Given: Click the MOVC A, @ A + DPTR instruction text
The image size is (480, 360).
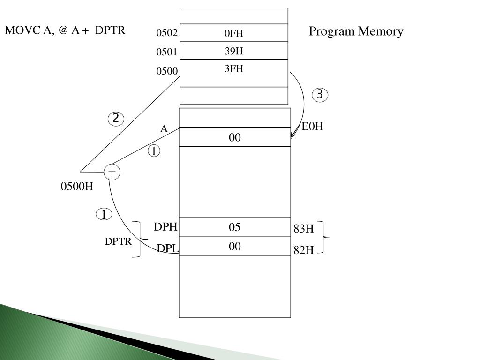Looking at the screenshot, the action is pos(65,30).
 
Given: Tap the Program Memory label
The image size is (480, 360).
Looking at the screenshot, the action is pos(356,31).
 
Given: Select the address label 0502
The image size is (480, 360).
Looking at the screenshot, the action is pos(167,33).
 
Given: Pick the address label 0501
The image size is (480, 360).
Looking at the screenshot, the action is pos(167,52).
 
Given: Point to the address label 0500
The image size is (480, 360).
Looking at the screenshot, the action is pos(167,71).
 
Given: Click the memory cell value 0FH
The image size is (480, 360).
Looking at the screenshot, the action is pos(234,33).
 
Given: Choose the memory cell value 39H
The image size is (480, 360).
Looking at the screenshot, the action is pos(234,51).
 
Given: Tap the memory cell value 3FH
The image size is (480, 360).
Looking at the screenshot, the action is pos(234,68).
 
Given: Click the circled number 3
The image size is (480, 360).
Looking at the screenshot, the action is pos(320,95).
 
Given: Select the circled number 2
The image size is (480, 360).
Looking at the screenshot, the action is pos(116,119).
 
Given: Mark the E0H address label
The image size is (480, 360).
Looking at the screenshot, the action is pos(312,126).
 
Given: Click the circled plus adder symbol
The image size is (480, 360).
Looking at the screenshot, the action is pos(112,172).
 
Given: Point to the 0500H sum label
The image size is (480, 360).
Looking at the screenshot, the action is pos(77,186).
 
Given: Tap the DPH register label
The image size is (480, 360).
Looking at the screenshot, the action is pos(165,227).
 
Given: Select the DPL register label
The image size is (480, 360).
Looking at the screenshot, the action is pos(167,248).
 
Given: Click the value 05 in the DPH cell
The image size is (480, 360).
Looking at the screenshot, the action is pos(234,227).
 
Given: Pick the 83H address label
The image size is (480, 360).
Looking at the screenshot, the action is pos(304,229).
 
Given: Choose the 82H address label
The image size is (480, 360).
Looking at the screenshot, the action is pos(304,250).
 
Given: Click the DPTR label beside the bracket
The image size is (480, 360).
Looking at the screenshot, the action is pos(118,241).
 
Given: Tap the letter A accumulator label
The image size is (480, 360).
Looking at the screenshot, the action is pos(164,128).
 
